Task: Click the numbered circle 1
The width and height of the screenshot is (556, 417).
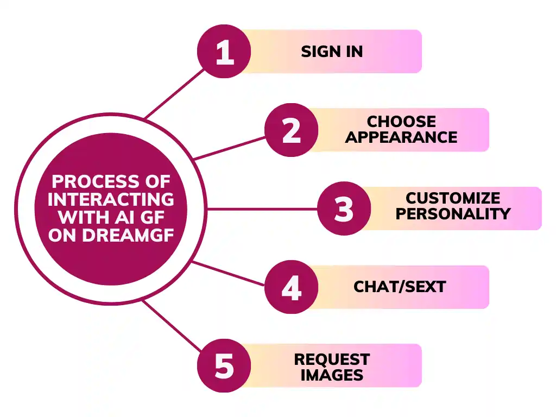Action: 224,52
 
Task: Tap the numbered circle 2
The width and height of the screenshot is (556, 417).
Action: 292,130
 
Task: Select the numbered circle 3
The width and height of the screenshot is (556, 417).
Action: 344,208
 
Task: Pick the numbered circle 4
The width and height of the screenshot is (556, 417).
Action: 292,287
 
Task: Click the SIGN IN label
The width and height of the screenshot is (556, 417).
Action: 332,52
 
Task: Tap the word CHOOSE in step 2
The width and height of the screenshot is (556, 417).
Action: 401,122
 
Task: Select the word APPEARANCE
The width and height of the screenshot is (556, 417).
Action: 401,137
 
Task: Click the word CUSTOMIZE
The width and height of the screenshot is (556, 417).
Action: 453,198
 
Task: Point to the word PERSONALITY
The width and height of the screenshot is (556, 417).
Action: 453,214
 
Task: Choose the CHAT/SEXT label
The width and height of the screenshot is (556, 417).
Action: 400,287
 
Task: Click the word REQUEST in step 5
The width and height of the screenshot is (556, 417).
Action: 332,359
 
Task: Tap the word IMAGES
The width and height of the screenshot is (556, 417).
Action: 332,375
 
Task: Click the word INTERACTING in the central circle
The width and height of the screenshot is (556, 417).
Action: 111,199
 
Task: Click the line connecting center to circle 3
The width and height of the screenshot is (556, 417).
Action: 261,208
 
